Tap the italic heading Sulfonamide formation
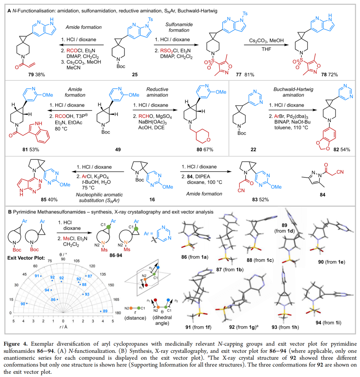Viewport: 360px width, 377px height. [x=177, y=27]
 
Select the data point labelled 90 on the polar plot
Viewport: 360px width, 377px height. [x=26, y=303]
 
